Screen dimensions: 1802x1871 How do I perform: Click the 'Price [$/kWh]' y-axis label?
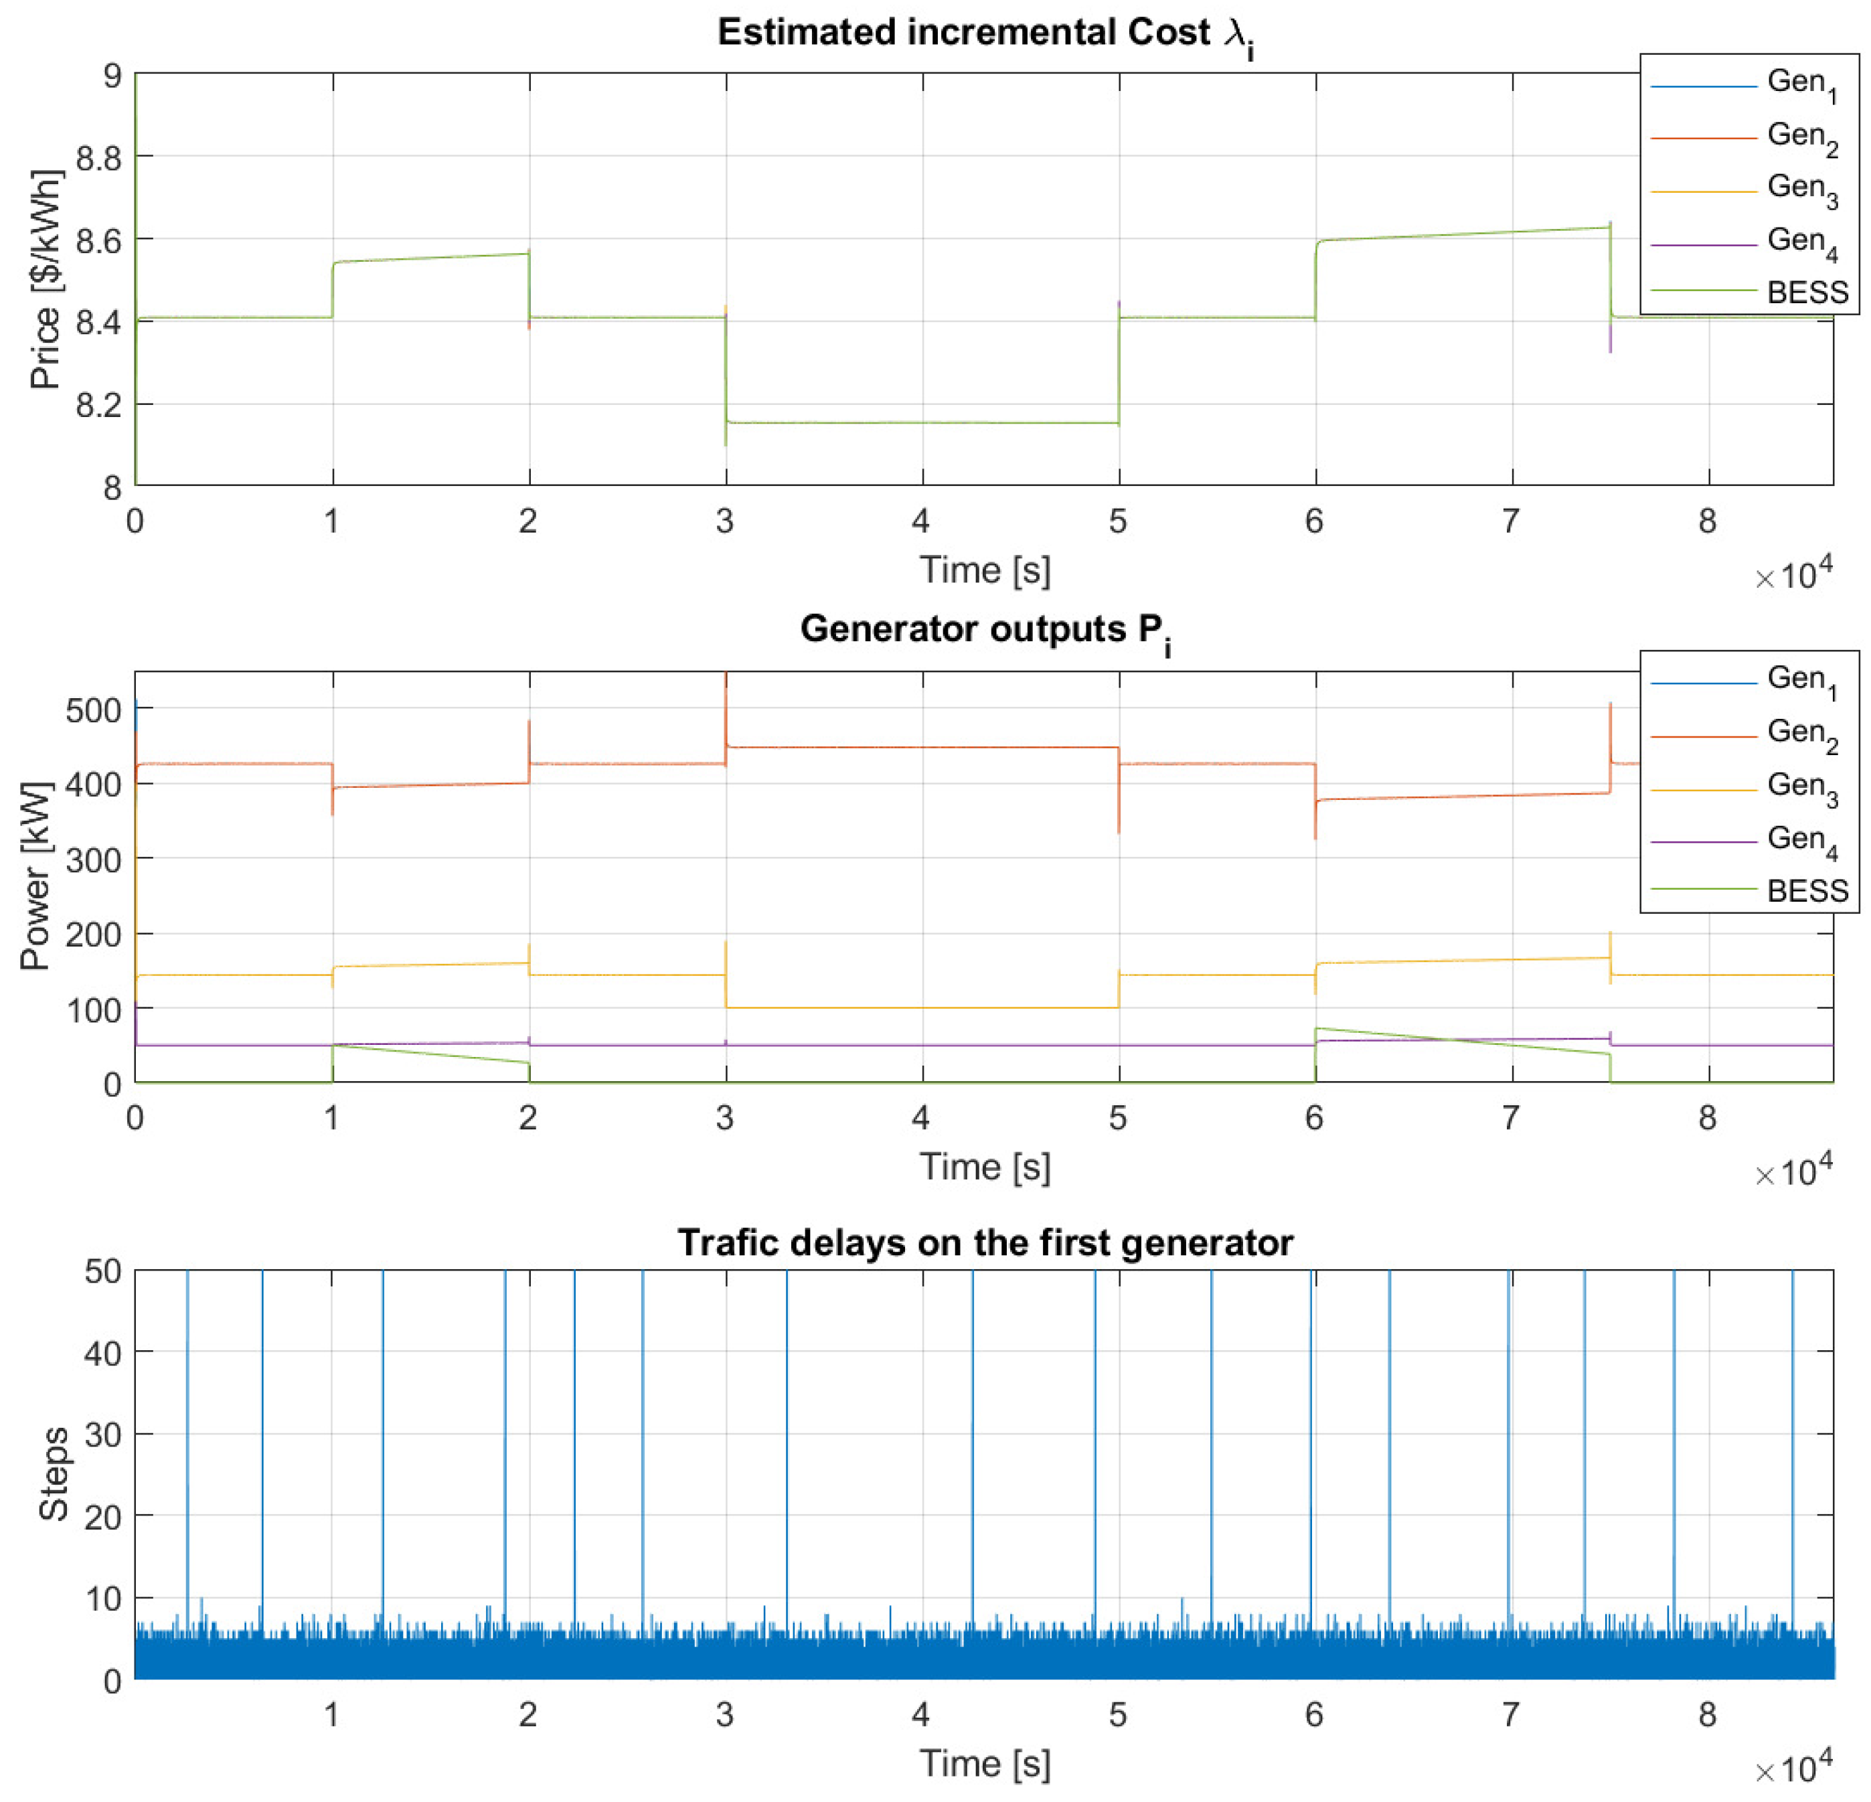coord(46,280)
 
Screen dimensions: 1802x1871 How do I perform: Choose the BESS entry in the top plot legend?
coord(1806,292)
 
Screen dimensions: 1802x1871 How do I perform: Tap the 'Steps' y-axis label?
coord(54,1474)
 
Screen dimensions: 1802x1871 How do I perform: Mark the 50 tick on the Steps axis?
coord(102,1271)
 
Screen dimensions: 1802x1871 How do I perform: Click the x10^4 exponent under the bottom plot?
coord(1793,1771)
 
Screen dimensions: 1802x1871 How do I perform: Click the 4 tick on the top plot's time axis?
coord(920,521)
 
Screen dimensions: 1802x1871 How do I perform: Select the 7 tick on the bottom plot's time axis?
coord(1510,1715)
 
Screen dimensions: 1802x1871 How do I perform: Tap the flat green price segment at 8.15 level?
coord(921,423)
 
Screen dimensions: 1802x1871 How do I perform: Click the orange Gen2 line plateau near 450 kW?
coord(921,747)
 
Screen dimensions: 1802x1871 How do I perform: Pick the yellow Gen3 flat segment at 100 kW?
coord(921,1008)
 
